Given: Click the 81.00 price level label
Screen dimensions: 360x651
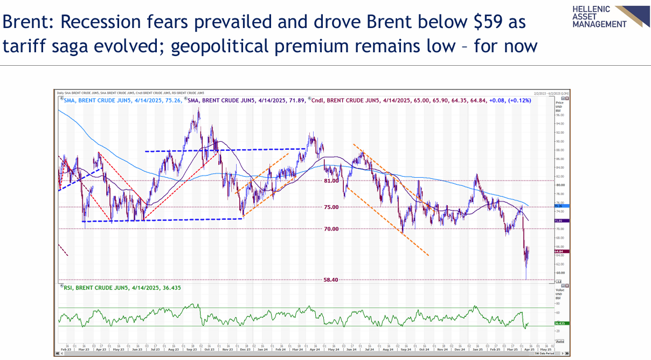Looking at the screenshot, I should coord(331,181).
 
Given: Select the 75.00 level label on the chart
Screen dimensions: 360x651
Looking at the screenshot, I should coord(331,207).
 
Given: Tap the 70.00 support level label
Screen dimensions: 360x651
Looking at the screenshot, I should coord(331,229).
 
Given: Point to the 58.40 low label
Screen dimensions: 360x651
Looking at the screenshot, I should coord(331,280).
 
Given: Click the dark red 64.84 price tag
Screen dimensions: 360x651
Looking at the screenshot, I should coord(559,251).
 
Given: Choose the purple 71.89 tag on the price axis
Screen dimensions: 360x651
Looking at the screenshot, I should coord(559,221).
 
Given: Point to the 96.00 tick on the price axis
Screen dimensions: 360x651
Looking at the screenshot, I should coord(559,115).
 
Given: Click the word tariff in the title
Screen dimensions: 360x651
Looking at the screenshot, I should coord(26,46).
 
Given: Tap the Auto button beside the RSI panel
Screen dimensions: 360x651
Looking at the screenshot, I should coord(560,341).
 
